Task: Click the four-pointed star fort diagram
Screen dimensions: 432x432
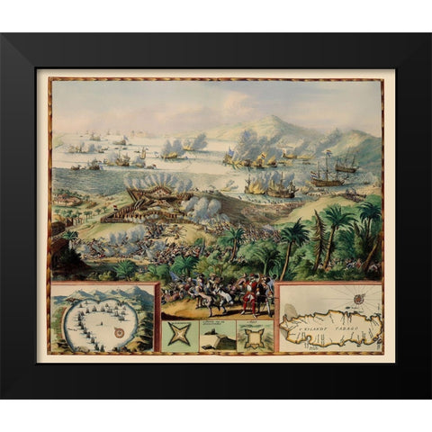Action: click(180, 336)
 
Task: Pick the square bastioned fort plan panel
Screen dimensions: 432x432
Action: click(255, 337)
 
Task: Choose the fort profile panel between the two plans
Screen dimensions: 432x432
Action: click(217, 337)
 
